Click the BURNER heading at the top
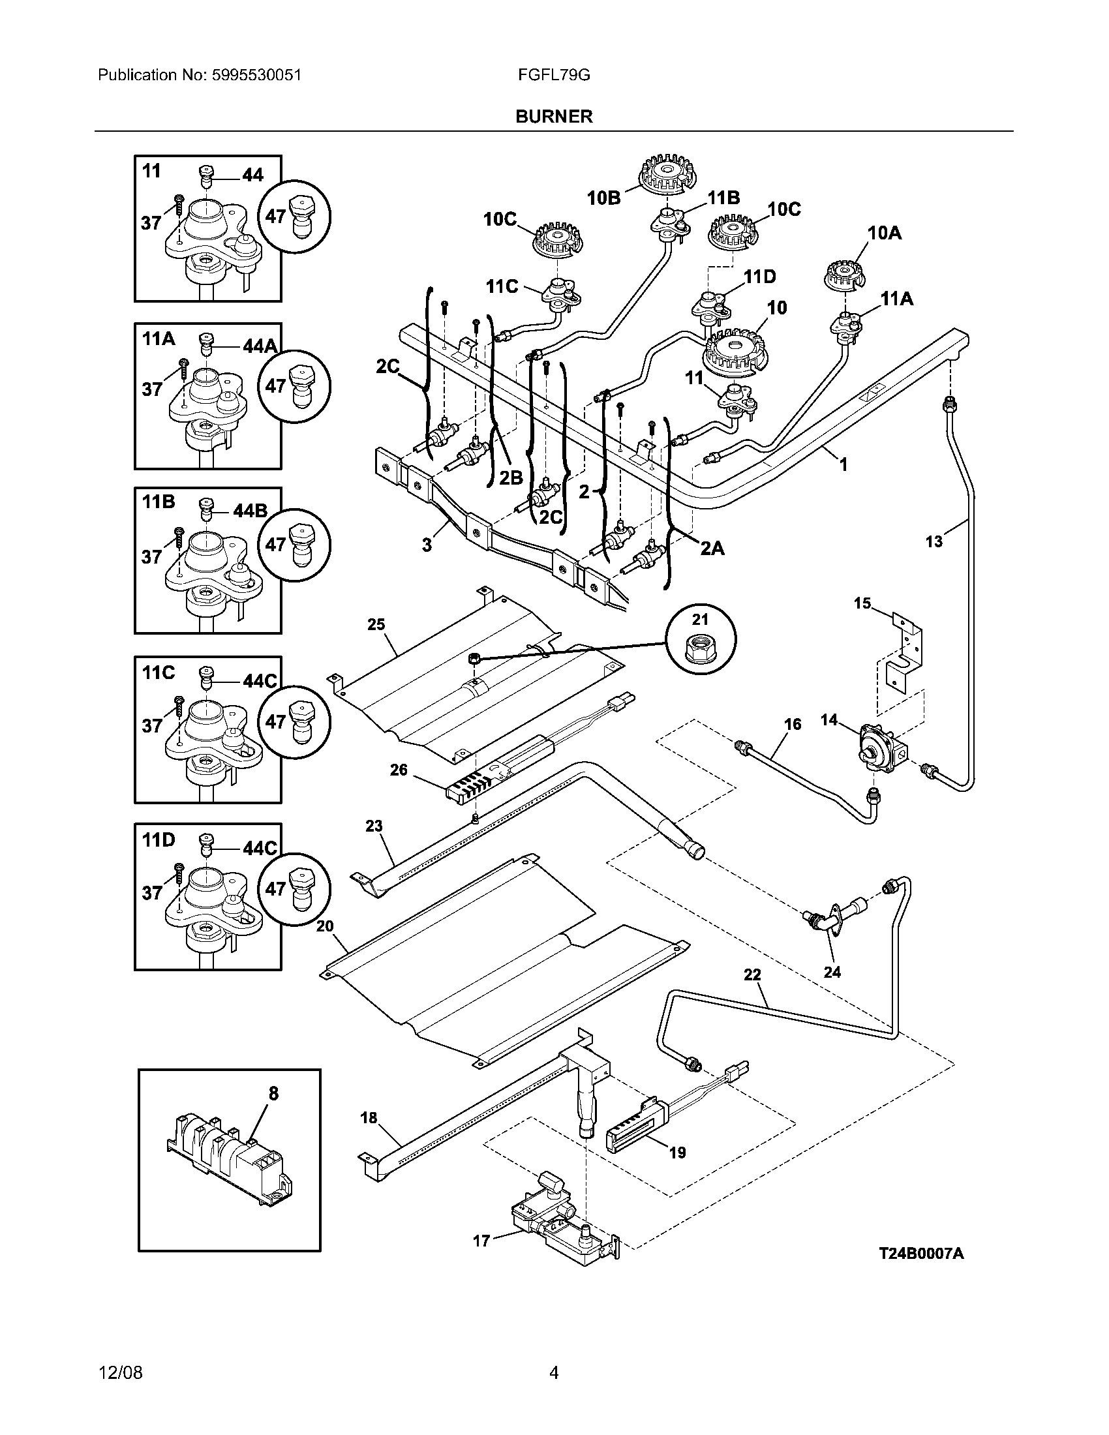[x=554, y=116]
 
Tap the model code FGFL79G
[x=554, y=75]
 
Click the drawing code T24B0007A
[x=922, y=1254]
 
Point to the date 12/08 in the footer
[x=120, y=1373]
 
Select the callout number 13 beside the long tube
[x=934, y=541]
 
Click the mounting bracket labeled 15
[x=904, y=652]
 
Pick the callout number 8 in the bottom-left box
[x=273, y=1093]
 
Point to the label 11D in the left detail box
[x=159, y=840]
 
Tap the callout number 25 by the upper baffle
[x=376, y=624]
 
